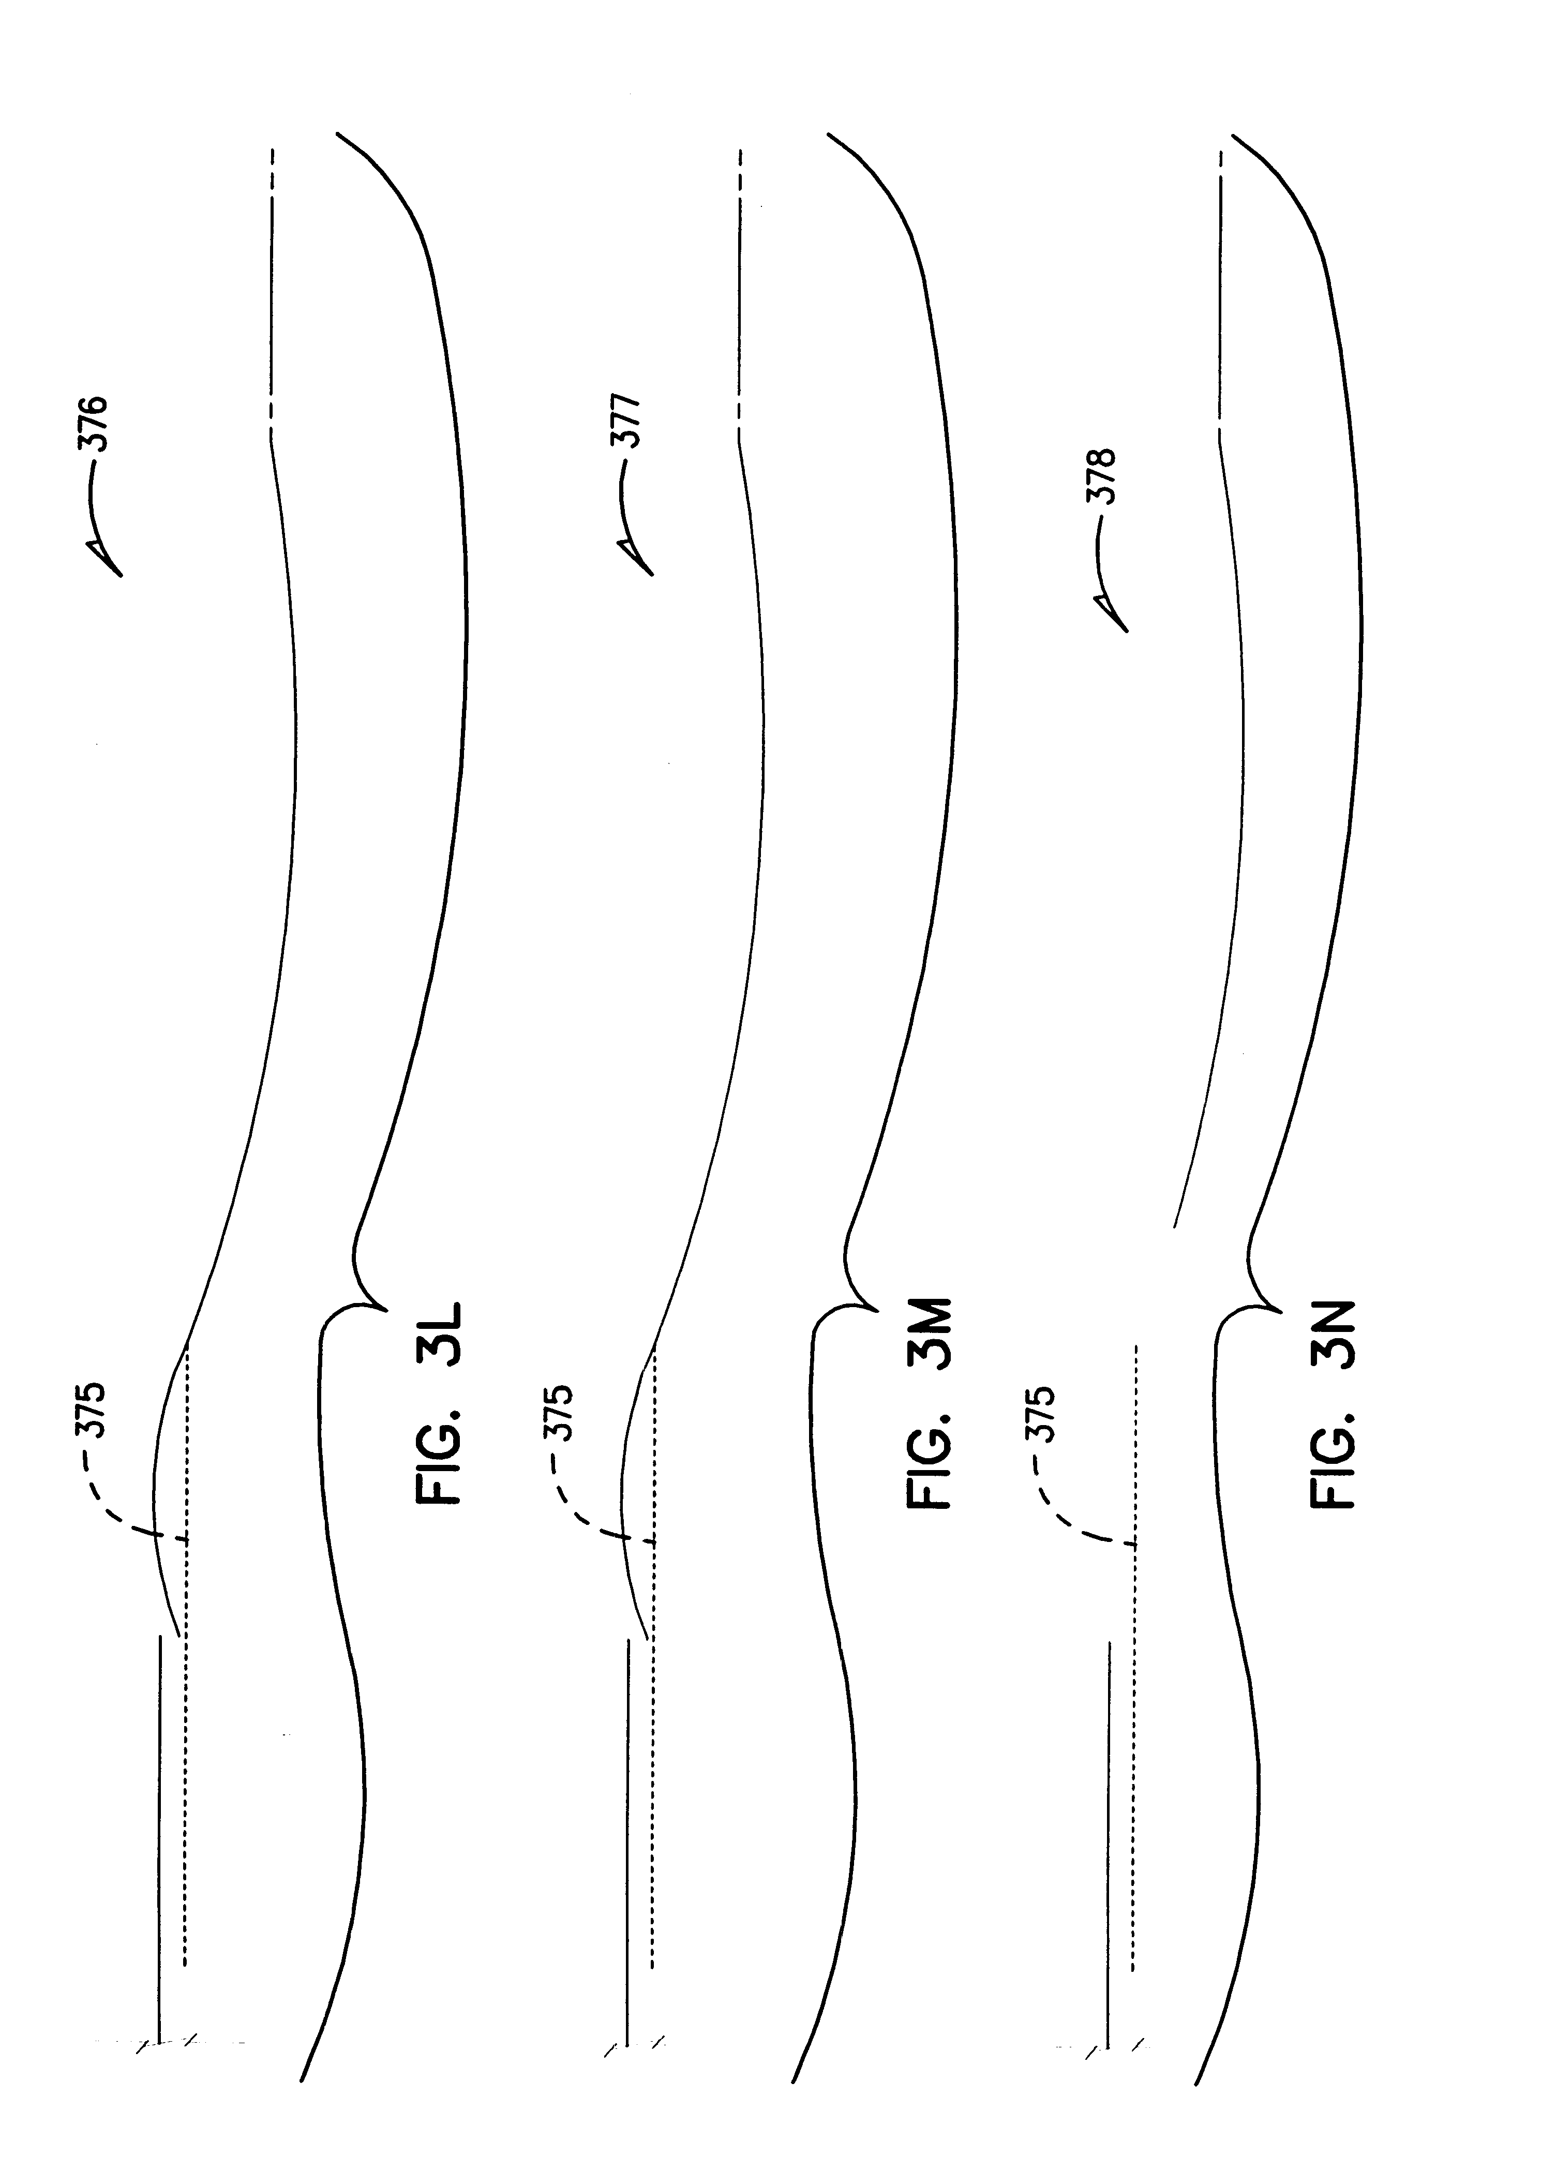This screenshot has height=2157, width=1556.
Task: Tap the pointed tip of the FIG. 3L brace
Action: click(x=386, y=1311)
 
